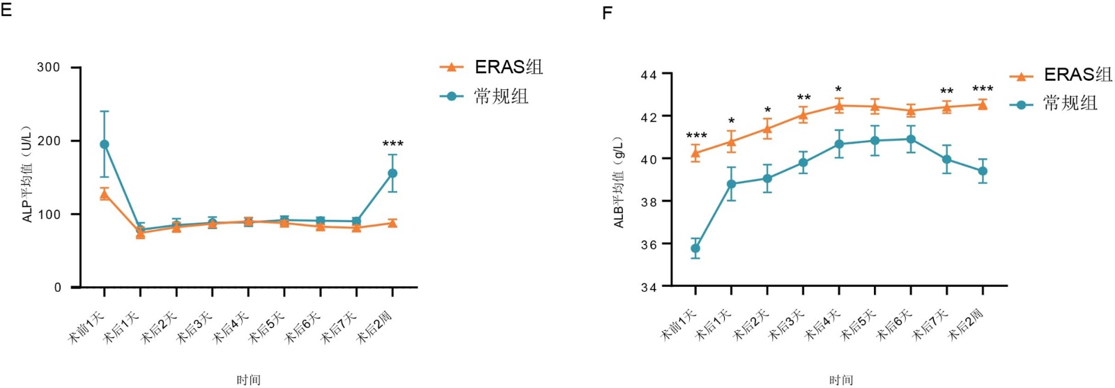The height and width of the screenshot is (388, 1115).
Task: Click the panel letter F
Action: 607,13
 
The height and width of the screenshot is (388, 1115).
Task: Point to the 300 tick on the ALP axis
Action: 49,68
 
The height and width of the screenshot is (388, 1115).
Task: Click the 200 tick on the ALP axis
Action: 49,141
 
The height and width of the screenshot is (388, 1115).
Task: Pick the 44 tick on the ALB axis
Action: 648,75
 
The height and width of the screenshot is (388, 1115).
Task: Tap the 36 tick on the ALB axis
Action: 648,245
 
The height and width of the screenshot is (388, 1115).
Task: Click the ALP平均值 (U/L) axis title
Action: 27,175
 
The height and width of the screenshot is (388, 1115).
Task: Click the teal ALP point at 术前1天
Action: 105,144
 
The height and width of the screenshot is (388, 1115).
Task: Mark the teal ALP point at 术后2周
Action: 393,173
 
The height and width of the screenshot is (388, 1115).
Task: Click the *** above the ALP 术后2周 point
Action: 393,144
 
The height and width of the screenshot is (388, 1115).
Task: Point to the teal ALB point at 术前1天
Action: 695,249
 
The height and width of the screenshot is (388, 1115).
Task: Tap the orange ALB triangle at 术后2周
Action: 983,105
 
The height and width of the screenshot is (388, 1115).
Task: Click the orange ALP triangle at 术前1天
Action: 105,195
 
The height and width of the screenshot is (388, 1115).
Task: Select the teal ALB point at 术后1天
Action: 732,184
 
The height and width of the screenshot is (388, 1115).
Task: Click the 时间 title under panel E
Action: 249,380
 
